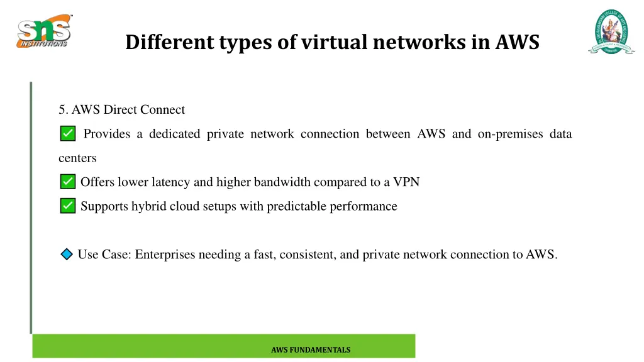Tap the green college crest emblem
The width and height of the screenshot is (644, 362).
[x=611, y=31]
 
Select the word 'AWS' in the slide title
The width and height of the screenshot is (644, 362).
[x=517, y=42]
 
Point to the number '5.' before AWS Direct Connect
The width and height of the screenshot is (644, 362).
[x=64, y=110]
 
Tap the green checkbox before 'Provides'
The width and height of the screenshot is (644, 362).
[x=68, y=134]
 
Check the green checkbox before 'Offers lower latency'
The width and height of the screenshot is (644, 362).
[x=68, y=182]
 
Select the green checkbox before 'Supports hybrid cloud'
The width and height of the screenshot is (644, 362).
[x=68, y=206]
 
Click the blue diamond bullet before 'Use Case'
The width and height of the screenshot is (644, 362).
[x=67, y=255]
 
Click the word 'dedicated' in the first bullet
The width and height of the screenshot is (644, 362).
[x=174, y=134]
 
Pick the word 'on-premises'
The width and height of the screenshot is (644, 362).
[x=509, y=134]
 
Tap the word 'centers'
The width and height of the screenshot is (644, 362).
[x=77, y=158]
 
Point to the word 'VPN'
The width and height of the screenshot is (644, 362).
[x=406, y=182]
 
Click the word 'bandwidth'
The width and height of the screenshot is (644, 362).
[x=282, y=182]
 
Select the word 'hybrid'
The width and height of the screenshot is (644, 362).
[x=148, y=206]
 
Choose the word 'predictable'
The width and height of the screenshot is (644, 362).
[x=297, y=206]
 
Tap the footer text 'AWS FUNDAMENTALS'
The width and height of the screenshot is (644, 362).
[x=311, y=350]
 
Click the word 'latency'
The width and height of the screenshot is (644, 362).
[x=171, y=182]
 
